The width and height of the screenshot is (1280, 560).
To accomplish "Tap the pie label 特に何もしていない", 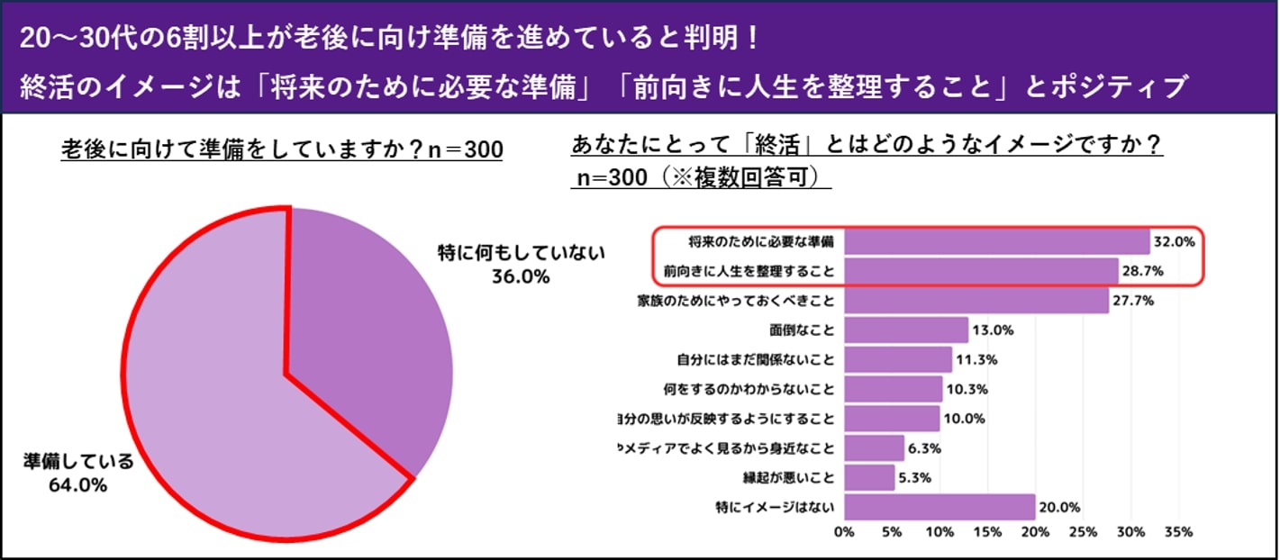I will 521,252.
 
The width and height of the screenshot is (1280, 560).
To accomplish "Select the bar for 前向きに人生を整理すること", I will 981,271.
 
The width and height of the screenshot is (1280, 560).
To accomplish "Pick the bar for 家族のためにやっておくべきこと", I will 976,301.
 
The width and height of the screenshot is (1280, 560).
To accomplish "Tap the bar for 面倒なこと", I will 906,330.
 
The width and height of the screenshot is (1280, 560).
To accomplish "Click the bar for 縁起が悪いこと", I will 869,477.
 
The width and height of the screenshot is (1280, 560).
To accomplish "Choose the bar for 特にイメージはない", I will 940,507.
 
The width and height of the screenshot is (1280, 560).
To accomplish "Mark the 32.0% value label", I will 1176,242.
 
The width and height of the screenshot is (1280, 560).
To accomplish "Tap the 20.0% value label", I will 1061,507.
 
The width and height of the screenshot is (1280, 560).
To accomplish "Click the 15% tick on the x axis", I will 987,532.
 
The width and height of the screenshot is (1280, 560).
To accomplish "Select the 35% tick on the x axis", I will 1179,532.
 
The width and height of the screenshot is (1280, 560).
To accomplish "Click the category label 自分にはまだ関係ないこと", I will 756,360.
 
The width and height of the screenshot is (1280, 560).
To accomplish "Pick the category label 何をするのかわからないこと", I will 749,390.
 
